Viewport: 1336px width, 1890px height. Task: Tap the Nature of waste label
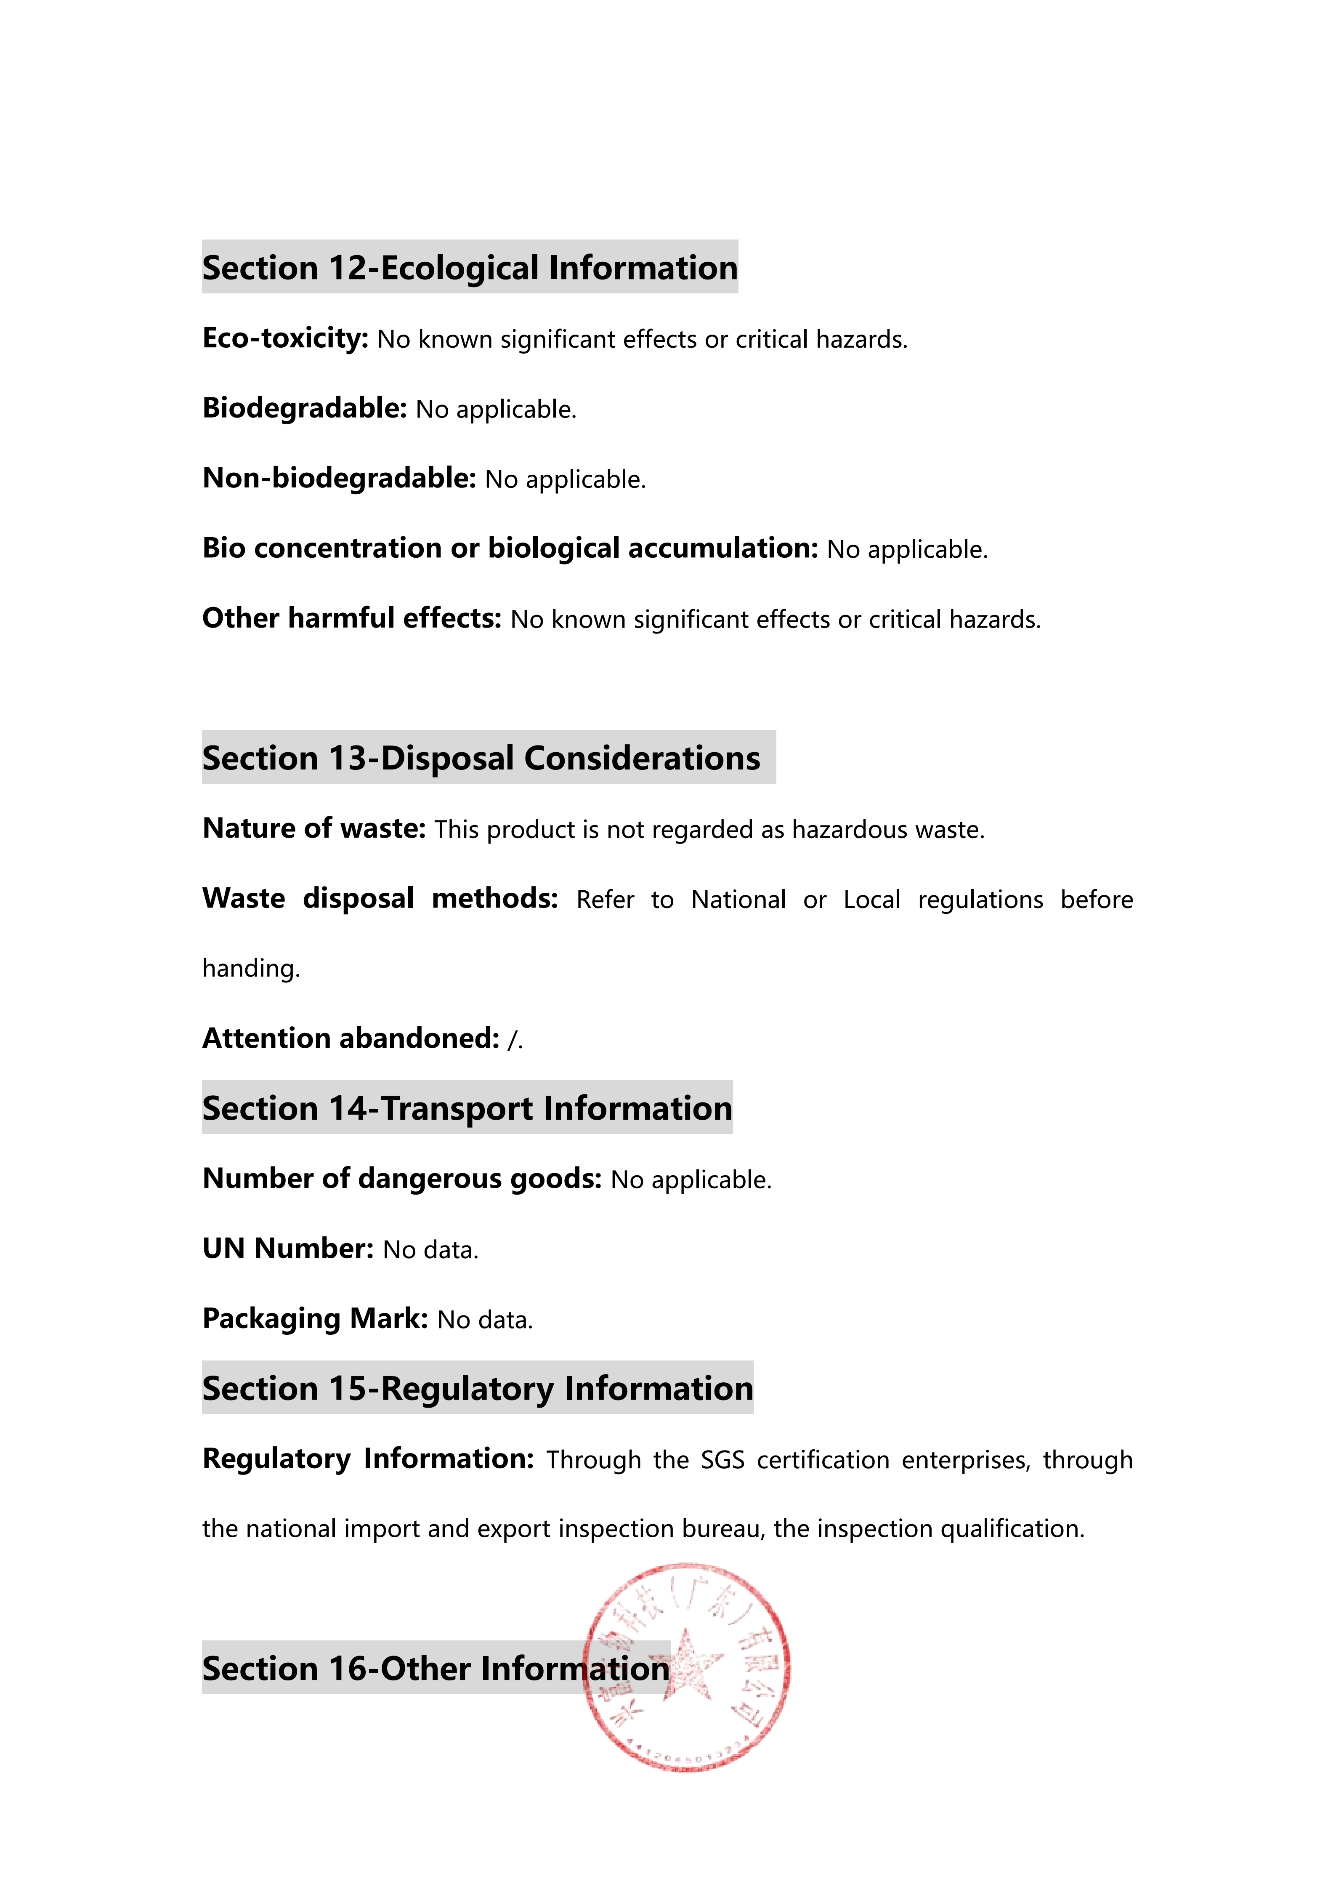[x=313, y=828]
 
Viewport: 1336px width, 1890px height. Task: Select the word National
[x=738, y=900]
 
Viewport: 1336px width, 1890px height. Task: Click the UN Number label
[x=288, y=1249]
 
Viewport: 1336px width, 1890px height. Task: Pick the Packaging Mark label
[x=315, y=1319]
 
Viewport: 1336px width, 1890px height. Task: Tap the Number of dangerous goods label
[x=402, y=1179]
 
